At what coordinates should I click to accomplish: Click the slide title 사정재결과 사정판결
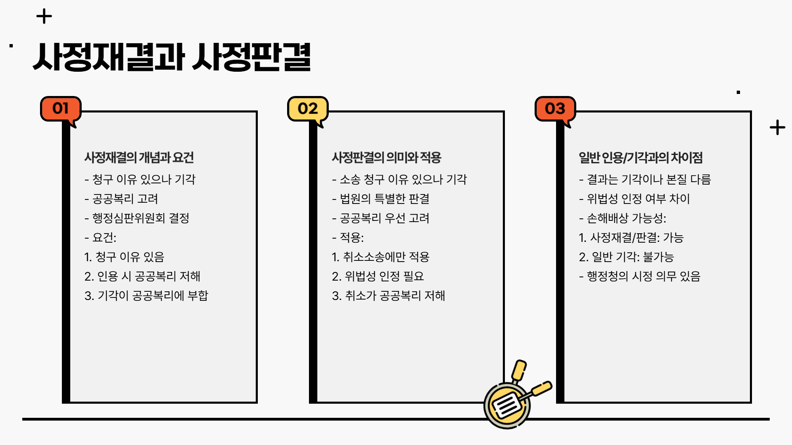click(x=171, y=57)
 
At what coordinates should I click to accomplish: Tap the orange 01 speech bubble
click(x=61, y=109)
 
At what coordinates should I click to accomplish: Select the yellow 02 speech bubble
click(x=308, y=109)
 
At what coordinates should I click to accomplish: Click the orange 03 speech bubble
click(x=555, y=109)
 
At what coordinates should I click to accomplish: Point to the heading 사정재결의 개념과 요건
click(x=139, y=157)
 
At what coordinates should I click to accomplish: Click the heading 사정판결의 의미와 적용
click(x=387, y=157)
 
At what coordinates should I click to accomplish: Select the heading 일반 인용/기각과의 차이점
click(x=641, y=157)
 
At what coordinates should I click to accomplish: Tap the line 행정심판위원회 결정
click(x=137, y=218)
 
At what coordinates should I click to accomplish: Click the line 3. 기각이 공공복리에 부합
click(x=146, y=295)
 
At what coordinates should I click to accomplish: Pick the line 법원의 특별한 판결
click(x=381, y=199)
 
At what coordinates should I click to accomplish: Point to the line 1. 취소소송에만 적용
click(x=381, y=257)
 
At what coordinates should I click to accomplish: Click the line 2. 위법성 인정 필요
click(x=378, y=276)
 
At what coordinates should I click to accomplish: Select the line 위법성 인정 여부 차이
click(x=634, y=199)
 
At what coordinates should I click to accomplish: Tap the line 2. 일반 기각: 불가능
click(x=626, y=257)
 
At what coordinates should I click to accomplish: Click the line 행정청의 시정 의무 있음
click(x=640, y=276)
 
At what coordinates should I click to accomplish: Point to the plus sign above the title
click(x=44, y=17)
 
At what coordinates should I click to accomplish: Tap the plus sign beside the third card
click(x=777, y=128)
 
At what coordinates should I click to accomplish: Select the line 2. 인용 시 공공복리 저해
click(x=142, y=276)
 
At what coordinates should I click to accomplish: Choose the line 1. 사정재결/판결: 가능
click(x=631, y=237)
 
